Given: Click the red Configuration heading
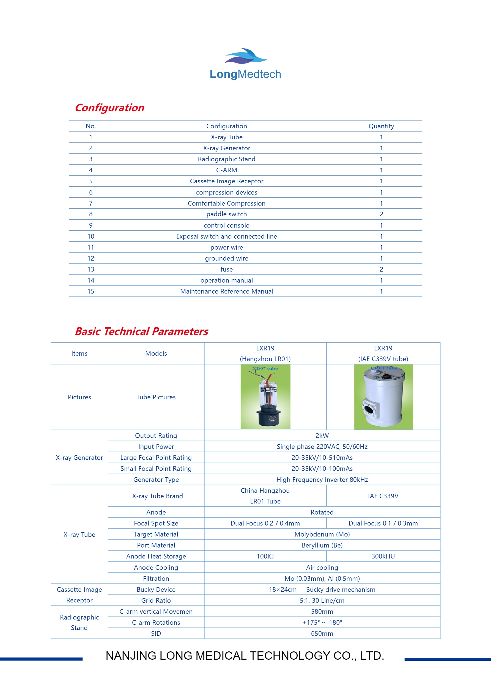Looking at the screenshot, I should click(x=109, y=108).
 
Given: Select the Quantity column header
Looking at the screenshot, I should click(x=381, y=126).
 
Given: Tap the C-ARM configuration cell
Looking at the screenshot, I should click(x=226, y=170).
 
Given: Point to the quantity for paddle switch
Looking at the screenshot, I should click(x=381, y=214).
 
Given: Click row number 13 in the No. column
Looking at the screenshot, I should click(x=91, y=269).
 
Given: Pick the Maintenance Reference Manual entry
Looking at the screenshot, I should click(x=226, y=291).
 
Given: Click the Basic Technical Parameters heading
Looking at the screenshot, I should click(x=141, y=331).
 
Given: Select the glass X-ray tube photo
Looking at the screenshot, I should click(x=265, y=397).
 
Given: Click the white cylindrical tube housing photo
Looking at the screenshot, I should click(x=383, y=397).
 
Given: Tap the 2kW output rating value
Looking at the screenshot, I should click(x=322, y=436).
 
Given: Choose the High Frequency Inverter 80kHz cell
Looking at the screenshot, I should click(x=322, y=480).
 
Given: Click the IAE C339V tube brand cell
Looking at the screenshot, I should click(x=383, y=496).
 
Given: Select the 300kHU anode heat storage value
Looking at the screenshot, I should click(x=383, y=556).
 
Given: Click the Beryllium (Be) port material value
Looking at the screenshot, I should click(x=322, y=545).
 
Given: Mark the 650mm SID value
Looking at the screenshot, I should click(x=322, y=634).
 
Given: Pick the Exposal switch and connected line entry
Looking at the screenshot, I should click(x=226, y=236).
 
